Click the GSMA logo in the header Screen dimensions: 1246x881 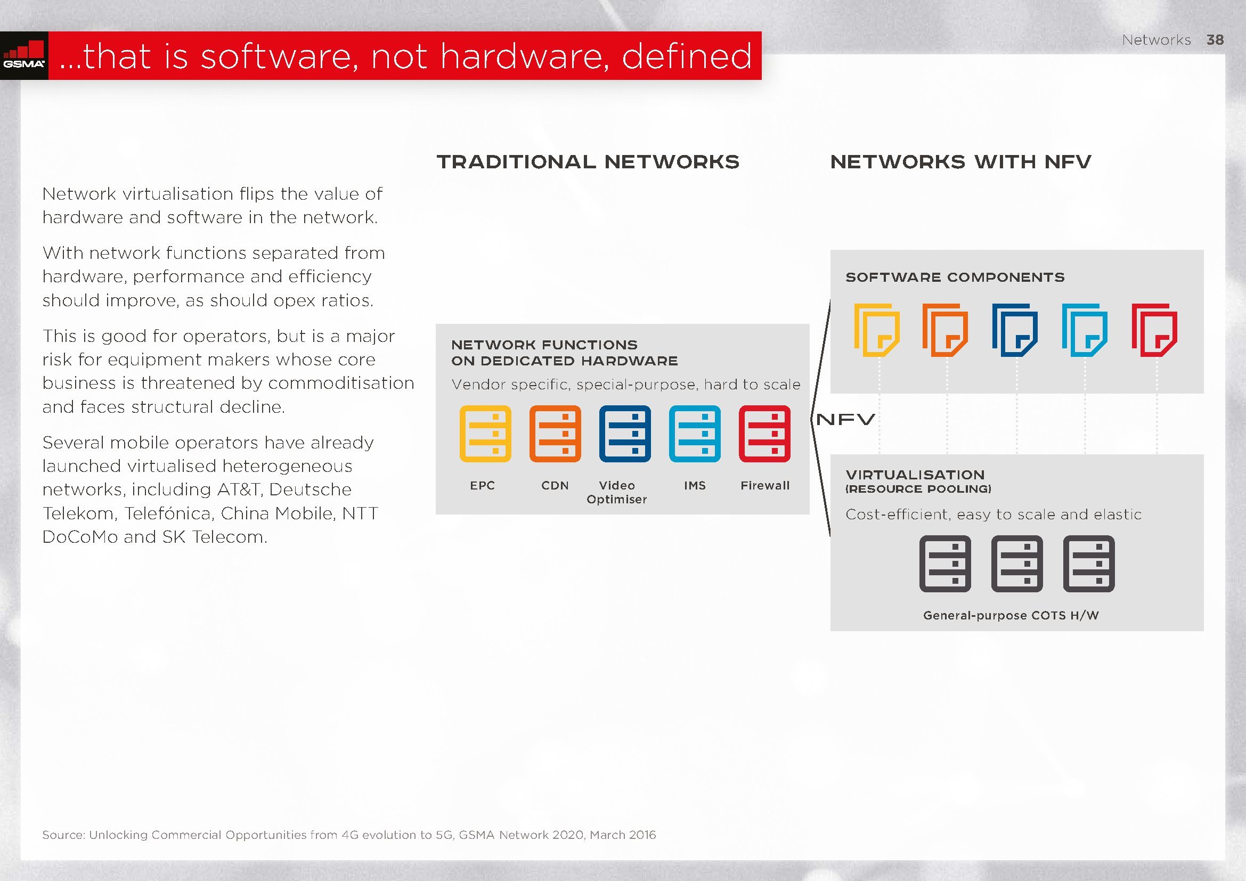[24, 55]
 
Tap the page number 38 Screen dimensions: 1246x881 [1215, 39]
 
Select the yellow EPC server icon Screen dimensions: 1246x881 [485, 434]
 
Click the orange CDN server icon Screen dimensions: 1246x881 [555, 434]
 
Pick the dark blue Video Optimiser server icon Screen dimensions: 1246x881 [625, 434]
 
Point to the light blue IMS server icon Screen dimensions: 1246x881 [695, 434]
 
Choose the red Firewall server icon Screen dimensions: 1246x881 [764, 434]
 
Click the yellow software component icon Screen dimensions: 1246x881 [877, 330]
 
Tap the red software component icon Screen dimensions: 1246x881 [1154, 330]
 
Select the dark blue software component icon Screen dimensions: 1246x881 [1015, 330]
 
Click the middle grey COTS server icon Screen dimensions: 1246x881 [1017, 564]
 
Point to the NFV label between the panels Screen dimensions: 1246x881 [845, 419]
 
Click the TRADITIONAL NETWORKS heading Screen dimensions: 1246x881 [588, 162]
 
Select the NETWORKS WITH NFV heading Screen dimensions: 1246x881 [960, 162]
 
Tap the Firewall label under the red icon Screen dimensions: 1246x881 [765, 486]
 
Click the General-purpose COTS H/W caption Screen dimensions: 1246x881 [1011, 615]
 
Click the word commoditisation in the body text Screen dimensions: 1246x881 [341, 383]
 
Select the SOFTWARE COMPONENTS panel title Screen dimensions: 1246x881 [955, 277]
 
